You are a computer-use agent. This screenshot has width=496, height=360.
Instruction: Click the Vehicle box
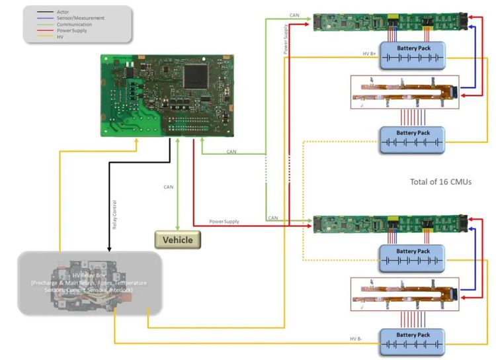[177, 240]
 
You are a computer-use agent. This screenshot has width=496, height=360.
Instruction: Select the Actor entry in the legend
[63, 12]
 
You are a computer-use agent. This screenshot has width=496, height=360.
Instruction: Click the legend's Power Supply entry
[72, 30]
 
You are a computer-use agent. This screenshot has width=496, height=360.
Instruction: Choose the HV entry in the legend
[60, 36]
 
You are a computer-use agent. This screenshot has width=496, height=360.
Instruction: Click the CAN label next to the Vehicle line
[169, 187]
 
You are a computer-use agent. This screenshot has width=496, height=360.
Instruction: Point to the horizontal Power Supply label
[224, 221]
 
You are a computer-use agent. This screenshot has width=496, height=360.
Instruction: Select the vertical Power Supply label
[286, 40]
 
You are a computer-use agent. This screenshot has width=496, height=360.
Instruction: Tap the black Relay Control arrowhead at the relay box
[108, 249]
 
